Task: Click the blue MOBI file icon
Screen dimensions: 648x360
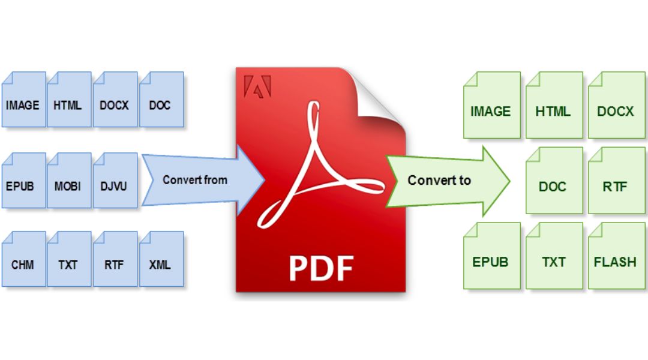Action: [69, 180]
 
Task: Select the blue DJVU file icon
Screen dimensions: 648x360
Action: [115, 180]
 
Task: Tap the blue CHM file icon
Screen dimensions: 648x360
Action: [23, 259]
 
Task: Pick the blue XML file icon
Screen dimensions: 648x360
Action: [161, 259]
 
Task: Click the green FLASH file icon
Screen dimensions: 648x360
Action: [617, 256]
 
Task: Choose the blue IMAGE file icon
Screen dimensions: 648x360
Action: [23, 99]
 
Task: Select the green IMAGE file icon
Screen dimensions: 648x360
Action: [492, 105]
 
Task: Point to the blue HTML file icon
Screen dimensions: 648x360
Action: [69, 99]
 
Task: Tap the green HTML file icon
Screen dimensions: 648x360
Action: [554, 105]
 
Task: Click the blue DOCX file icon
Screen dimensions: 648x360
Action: [115, 99]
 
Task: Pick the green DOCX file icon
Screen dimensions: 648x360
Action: [617, 105]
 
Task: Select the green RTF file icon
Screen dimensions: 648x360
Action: [617, 180]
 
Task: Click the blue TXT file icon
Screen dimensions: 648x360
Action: [69, 259]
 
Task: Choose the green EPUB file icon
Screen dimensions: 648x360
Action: [492, 256]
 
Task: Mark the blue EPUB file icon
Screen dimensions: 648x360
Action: [23, 180]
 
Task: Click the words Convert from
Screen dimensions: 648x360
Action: [195, 180]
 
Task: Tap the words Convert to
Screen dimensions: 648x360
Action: [439, 180]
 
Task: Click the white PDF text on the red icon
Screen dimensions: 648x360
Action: [321, 268]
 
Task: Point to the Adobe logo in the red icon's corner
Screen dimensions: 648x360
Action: [257, 86]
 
